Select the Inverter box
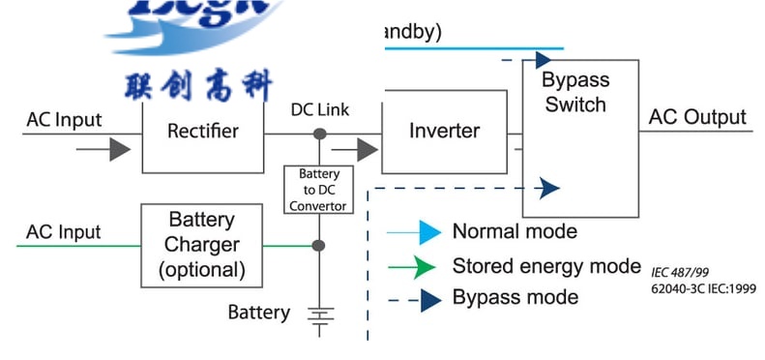pos(444,132)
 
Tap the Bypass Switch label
pos(574,93)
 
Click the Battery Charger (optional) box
pos(202,245)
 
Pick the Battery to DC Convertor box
pos(317,189)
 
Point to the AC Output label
pos(697,118)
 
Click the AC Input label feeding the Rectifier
pos(63,121)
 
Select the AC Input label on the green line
pos(63,233)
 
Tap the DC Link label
pos(320,110)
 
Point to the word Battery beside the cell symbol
pos(258,313)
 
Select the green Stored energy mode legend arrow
pos(427,266)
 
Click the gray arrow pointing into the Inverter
pos(367,150)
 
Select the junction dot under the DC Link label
pos(319,133)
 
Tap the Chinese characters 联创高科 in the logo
pos(198,86)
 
